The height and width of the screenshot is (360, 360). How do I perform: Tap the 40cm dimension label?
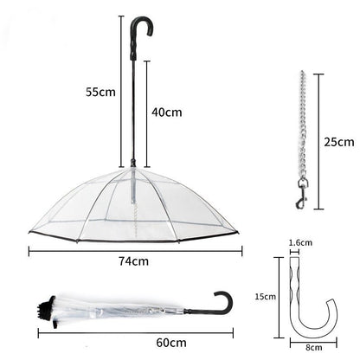tap(165, 111)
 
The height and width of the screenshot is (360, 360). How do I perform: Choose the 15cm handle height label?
tap(265, 295)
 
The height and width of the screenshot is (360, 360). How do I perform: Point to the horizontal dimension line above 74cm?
tap(135, 251)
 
